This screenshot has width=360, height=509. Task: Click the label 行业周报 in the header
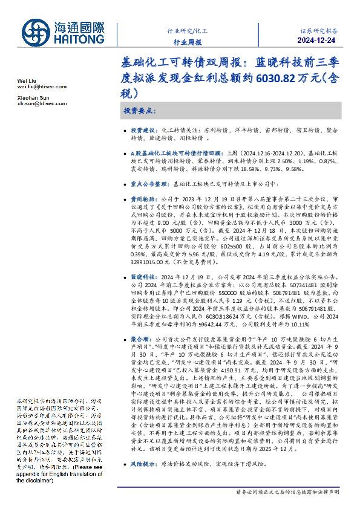point(187,42)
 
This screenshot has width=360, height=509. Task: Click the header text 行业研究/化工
point(187,30)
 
